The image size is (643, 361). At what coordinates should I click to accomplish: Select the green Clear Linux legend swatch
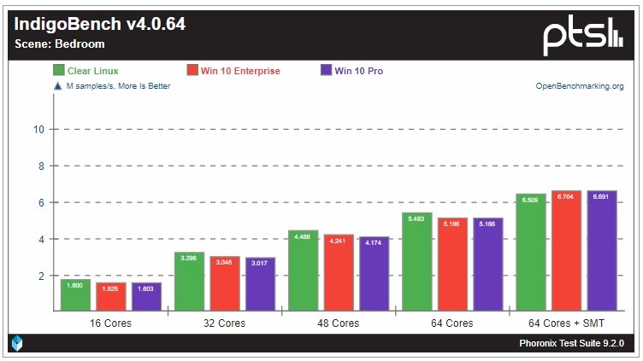pyautogui.click(x=60, y=71)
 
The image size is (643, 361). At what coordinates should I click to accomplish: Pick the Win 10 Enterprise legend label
pyautogui.click(x=240, y=71)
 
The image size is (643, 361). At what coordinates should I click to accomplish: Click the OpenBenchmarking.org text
pyautogui.click(x=580, y=86)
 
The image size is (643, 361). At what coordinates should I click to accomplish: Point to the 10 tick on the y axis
pyautogui.click(x=38, y=130)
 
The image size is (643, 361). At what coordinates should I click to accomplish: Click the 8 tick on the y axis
pyautogui.click(x=40, y=166)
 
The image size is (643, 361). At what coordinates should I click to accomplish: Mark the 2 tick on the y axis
pyautogui.click(x=40, y=277)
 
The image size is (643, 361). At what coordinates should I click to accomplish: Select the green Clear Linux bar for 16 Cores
pyautogui.click(x=76, y=295)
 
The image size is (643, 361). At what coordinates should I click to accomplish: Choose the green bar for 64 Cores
pyautogui.click(x=416, y=261)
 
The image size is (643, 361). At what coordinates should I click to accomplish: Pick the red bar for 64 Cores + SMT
pyautogui.click(x=566, y=251)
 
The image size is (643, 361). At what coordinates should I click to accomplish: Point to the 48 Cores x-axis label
pyautogui.click(x=333, y=323)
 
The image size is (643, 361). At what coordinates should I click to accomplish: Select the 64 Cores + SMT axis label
pyautogui.click(x=566, y=323)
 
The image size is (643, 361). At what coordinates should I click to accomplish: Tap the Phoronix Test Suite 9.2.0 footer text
pyautogui.click(x=571, y=343)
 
